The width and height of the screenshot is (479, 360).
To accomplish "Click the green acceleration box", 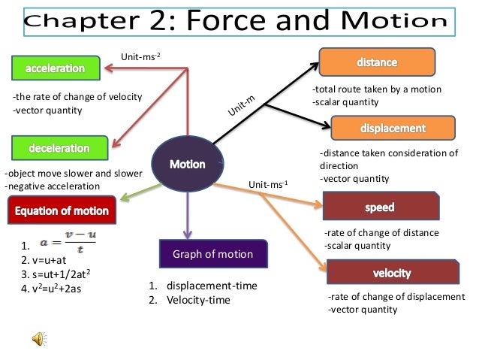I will click(x=57, y=68).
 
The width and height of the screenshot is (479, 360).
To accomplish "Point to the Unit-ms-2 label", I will click(x=140, y=56).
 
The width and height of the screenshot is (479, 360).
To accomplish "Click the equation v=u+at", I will click(x=49, y=259).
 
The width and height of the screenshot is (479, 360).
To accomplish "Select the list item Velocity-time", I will click(x=194, y=301).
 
